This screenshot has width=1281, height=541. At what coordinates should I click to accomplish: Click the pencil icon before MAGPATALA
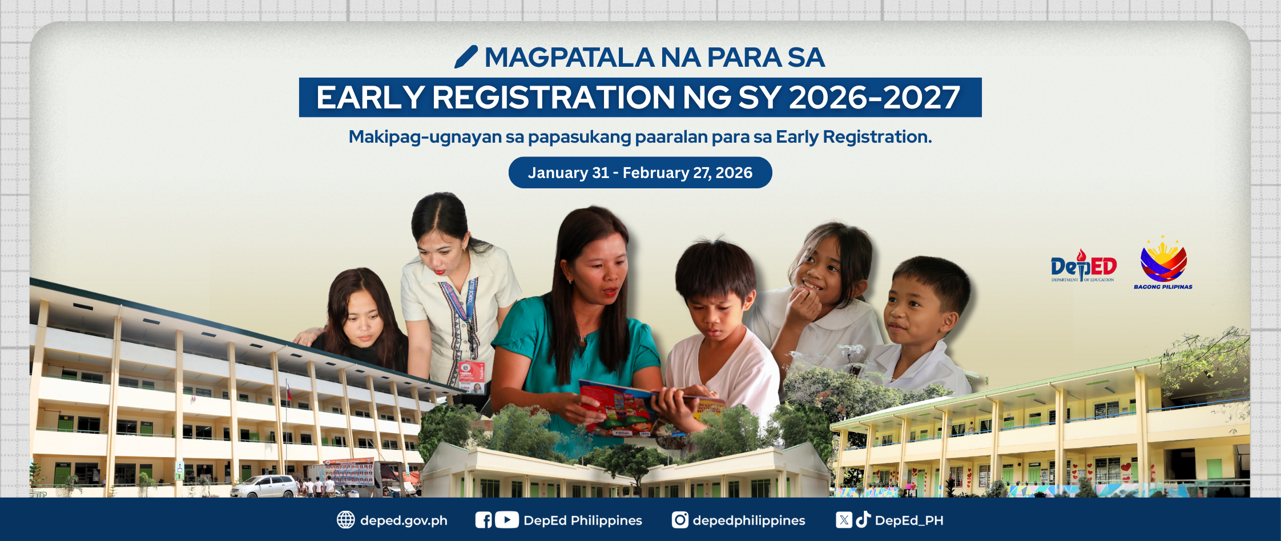click(x=466, y=57)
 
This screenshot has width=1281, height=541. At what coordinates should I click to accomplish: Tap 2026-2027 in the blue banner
click(x=875, y=98)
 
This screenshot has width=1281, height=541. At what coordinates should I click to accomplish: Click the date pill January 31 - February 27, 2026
click(x=640, y=172)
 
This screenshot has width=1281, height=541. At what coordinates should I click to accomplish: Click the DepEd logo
click(x=1083, y=266)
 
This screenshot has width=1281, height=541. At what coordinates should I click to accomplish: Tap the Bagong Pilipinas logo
click(x=1163, y=263)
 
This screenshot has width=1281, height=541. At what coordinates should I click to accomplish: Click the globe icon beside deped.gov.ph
click(x=345, y=520)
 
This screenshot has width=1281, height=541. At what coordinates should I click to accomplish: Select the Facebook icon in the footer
click(x=484, y=520)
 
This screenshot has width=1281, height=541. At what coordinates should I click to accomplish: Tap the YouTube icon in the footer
click(x=507, y=520)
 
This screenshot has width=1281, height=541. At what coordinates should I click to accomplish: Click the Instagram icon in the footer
click(x=680, y=520)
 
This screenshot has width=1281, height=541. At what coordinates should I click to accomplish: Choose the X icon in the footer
click(x=844, y=520)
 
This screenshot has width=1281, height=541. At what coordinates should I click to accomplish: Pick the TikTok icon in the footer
click(x=863, y=519)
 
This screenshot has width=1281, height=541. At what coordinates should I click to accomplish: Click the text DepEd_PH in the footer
click(x=909, y=520)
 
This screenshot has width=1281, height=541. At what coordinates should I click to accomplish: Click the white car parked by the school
click(x=264, y=486)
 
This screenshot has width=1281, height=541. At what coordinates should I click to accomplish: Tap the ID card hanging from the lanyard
click(x=472, y=377)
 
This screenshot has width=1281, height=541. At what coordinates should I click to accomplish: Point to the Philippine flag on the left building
click(x=289, y=391)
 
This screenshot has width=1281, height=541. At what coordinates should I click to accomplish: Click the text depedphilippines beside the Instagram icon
click(x=749, y=520)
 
